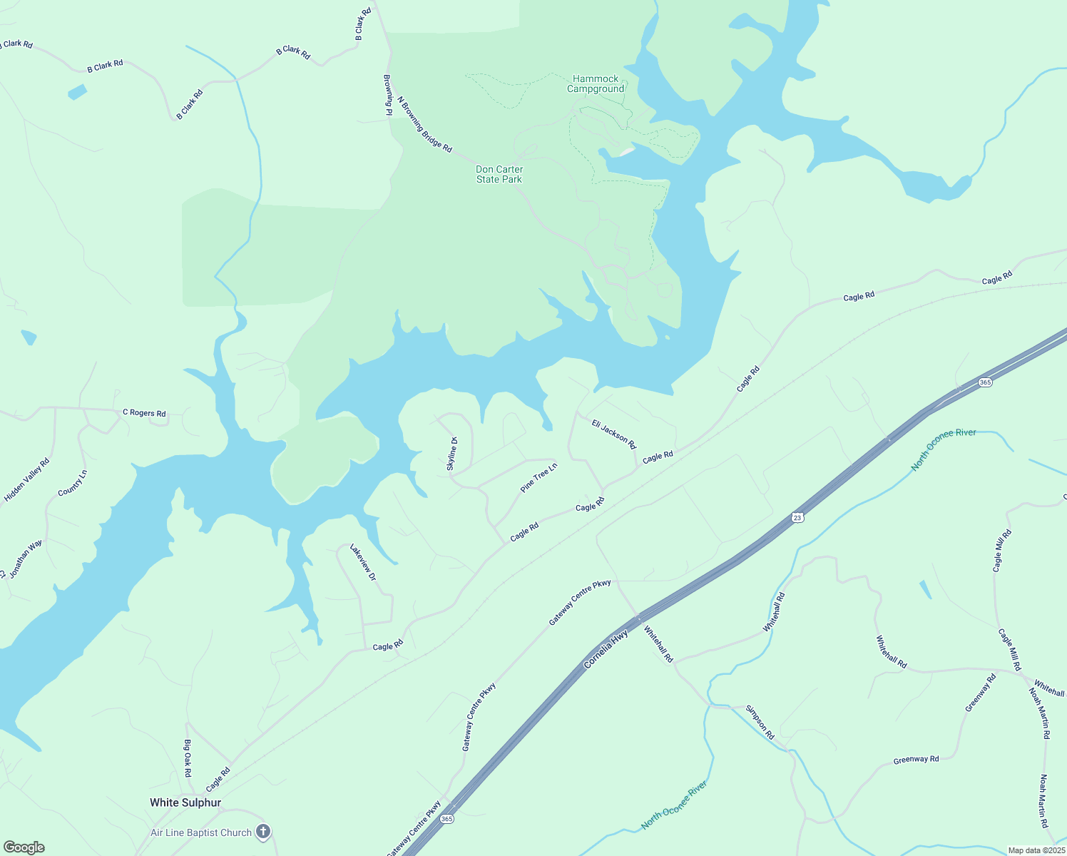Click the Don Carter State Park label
(499, 174)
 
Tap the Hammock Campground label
(596, 84)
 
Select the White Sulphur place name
(185, 802)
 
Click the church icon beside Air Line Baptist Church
(263, 832)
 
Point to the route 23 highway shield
(797, 517)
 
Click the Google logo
(24, 847)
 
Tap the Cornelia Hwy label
(606, 649)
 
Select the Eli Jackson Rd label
(613, 434)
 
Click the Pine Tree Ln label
(538, 478)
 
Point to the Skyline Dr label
(451, 454)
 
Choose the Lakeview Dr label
(362, 562)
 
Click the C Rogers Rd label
(144, 413)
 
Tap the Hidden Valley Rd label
(27, 480)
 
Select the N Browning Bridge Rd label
(424, 125)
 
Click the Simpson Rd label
(760, 721)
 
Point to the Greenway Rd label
(916, 760)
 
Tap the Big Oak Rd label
(188, 758)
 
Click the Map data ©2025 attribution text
(1036, 850)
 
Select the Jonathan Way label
(26, 559)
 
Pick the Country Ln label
(72, 483)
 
